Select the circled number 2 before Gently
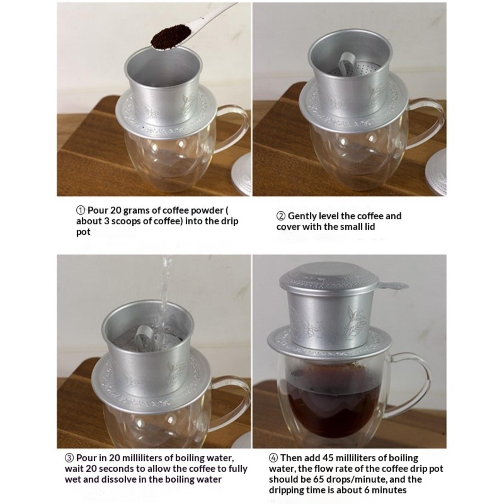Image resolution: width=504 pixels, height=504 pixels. click(x=281, y=216)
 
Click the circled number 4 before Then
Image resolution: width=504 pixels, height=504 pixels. click(x=273, y=458)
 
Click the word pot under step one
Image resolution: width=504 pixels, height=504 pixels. click(x=83, y=232)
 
